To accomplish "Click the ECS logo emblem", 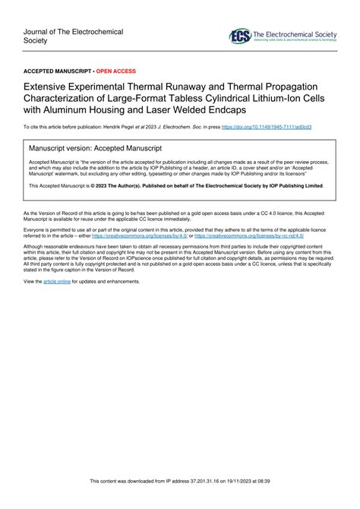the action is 240,36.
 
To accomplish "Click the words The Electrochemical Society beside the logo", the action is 292,33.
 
